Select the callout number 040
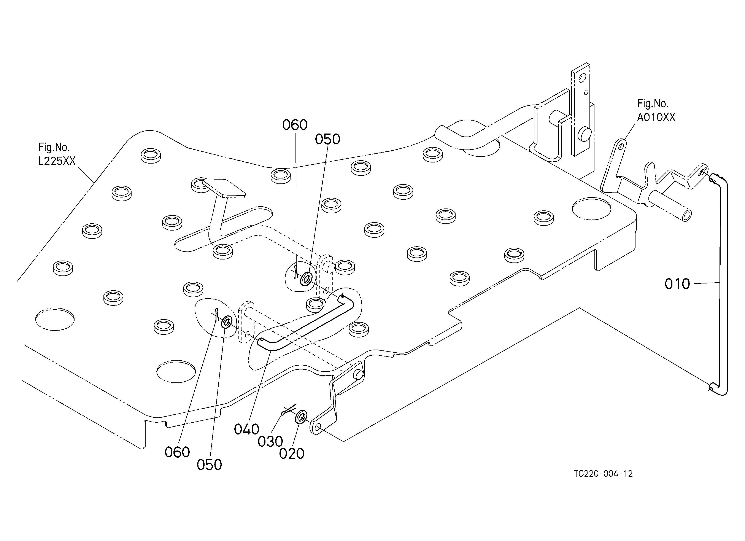(246, 429)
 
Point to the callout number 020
(291, 454)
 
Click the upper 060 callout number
(295, 125)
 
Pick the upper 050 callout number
(327, 140)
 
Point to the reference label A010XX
(656, 117)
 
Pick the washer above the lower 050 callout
(227, 322)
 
